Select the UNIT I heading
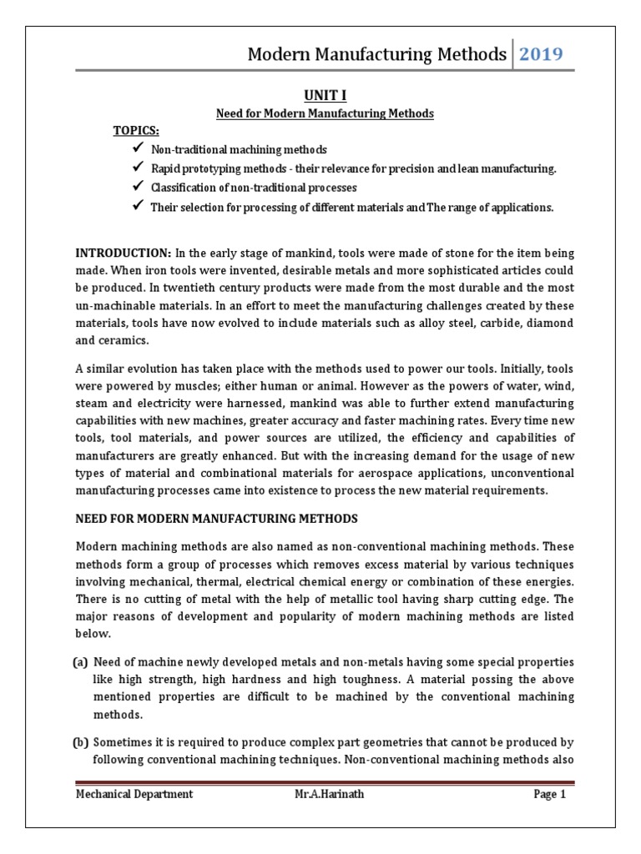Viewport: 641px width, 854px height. (x=321, y=96)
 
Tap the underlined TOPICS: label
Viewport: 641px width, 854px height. (x=136, y=130)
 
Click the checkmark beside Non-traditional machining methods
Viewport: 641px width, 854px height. (x=138, y=148)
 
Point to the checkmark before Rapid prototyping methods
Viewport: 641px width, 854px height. (x=138, y=168)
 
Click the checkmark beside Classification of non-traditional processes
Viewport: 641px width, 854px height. (x=138, y=187)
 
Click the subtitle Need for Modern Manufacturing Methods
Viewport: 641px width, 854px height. (x=325, y=113)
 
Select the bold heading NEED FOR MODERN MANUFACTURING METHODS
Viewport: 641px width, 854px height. (x=216, y=519)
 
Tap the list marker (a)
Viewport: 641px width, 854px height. (x=82, y=661)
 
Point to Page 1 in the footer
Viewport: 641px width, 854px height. (x=550, y=794)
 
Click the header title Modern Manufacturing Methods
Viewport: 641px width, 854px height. (x=377, y=55)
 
